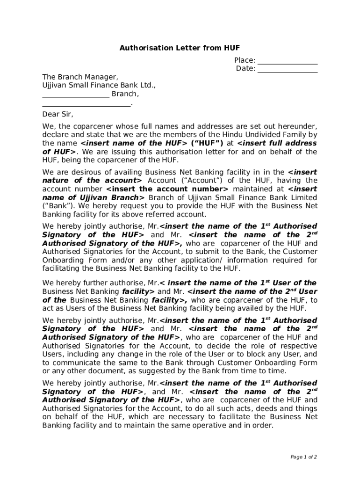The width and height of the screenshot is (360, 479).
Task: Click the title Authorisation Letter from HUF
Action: point(180,48)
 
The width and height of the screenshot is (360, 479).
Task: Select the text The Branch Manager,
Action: point(80,77)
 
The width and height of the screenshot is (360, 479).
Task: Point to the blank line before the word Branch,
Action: point(76,94)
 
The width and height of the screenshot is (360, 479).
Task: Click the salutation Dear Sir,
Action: point(58,114)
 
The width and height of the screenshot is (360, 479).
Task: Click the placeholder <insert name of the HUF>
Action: point(134,143)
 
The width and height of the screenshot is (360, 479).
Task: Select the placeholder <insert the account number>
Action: point(167,189)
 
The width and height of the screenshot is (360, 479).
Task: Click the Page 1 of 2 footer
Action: point(303,457)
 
